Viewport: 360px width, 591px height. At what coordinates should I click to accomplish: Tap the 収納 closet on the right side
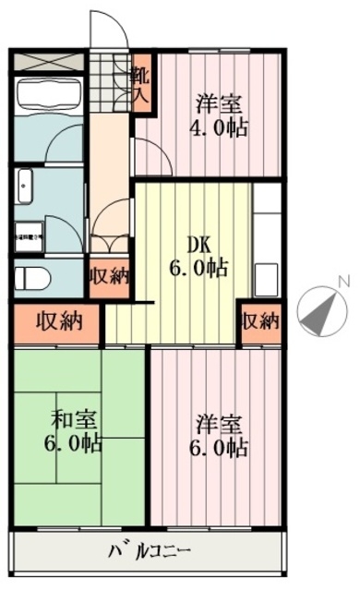(x=258, y=322)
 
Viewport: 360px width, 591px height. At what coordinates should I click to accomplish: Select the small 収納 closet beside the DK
(x=109, y=274)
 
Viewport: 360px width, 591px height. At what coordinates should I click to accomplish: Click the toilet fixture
(x=30, y=275)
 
